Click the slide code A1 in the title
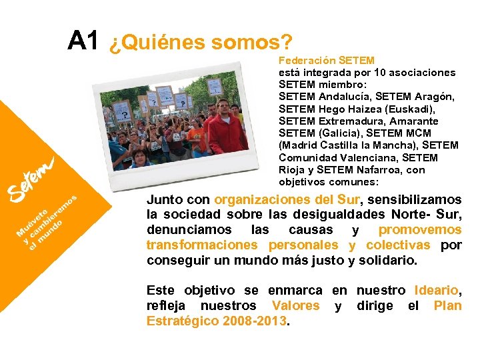tap(83, 41)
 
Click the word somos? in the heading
tap(251, 43)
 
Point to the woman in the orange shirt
tap(195, 133)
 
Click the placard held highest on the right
tap(215, 87)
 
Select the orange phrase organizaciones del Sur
tap(287, 199)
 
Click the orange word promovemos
tap(420, 230)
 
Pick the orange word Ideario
tap(436, 291)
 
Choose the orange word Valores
tap(296, 306)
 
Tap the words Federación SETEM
tap(326, 61)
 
